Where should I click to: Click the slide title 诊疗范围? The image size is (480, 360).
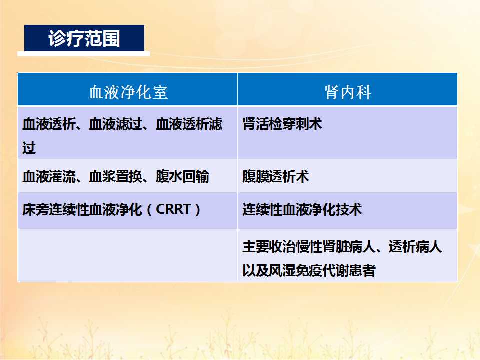pos(84,38)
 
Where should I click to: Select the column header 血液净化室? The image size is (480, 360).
pos(128,92)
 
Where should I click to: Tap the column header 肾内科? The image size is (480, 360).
pos(348,92)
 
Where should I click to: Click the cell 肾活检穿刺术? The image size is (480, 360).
pos(282,124)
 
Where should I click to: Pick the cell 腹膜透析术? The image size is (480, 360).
pos(276,176)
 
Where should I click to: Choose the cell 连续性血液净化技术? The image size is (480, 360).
pos(302,209)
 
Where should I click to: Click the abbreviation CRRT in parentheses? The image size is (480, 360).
pos(173,209)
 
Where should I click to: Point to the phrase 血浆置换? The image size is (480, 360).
pos(115,176)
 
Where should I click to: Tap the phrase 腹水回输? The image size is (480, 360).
pos(183,176)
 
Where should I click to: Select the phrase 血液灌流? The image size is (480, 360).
pos(49,176)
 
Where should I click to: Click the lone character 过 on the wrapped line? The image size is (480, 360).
pos(29,148)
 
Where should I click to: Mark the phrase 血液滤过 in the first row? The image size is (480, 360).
pos(115,124)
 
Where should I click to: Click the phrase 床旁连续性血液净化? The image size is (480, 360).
pos(82,209)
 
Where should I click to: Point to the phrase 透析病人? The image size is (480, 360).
pos(415,246)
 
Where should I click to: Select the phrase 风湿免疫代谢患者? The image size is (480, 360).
pos(322,270)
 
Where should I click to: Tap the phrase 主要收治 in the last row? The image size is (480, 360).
pos(269,246)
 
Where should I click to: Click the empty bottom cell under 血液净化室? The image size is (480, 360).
pos(127,255)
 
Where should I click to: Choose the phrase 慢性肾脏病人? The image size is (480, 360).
pos(336,246)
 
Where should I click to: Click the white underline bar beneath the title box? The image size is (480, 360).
pos(84,54)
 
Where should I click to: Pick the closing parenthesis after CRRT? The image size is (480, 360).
pos(197,209)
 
